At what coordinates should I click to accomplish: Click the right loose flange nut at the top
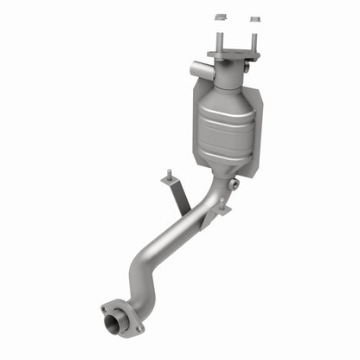[255, 18]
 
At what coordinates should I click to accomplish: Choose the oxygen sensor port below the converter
[234, 184]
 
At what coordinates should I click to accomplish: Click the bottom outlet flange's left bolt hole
[106, 308]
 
